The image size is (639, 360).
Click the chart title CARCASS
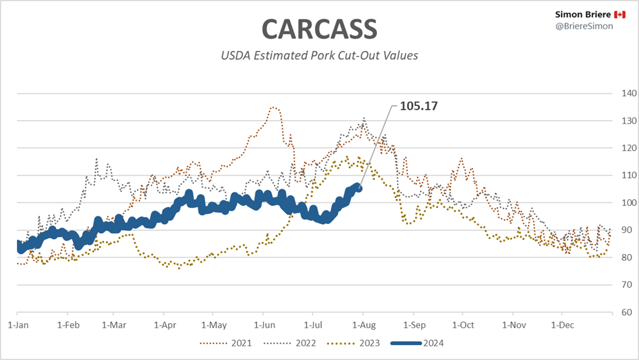pos(319,29)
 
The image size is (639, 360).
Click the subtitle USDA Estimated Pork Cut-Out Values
pos(319,56)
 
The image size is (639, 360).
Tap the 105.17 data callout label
pos(418,106)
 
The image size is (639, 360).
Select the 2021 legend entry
pos(236,343)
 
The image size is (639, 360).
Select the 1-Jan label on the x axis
pos(17,325)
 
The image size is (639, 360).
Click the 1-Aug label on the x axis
pos(363,325)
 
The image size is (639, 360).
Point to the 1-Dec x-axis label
pos(560,325)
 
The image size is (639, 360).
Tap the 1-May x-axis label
pos(213,325)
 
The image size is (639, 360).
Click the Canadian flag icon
pos(620,14)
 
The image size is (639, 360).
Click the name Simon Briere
pos(583,14)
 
